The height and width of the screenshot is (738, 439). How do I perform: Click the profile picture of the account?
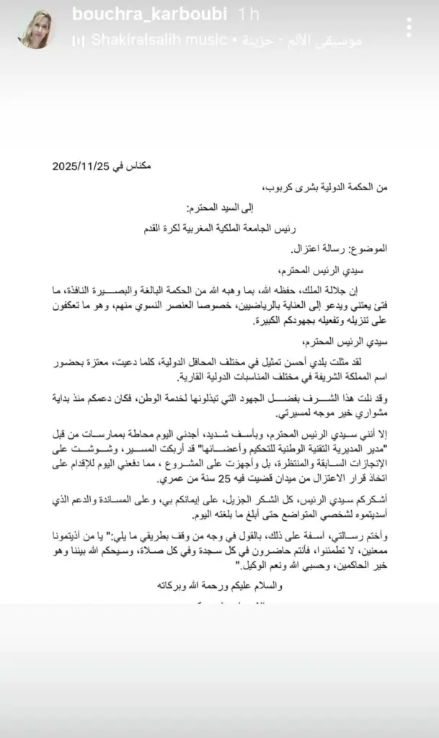point(35,30)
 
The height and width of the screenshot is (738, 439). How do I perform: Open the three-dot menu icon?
point(409,28)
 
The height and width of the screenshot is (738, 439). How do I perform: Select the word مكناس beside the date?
point(135,166)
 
